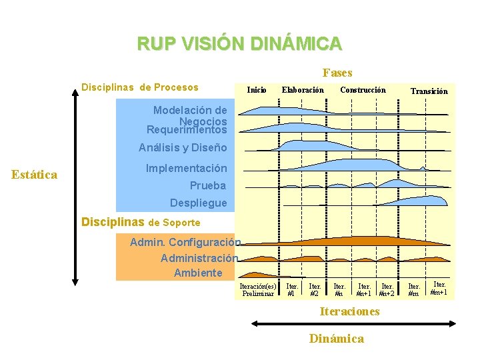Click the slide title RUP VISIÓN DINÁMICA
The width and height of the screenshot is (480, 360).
click(x=239, y=44)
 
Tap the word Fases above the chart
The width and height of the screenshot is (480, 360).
click(x=337, y=73)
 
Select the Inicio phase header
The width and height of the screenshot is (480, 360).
click(x=257, y=90)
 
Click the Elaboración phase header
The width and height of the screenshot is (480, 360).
click(x=303, y=90)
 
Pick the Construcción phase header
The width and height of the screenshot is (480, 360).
click(x=363, y=90)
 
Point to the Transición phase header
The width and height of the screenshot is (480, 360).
click(x=429, y=91)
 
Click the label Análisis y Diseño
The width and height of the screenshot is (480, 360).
click(x=183, y=147)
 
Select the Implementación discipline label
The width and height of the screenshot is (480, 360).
click(x=186, y=169)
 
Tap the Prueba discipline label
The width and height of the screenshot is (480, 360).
click(x=207, y=185)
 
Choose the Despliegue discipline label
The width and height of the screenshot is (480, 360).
click(x=198, y=203)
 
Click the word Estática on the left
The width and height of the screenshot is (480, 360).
click(x=35, y=175)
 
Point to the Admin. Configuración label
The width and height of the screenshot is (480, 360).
click(x=185, y=242)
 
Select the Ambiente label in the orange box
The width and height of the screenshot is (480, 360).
click(x=198, y=273)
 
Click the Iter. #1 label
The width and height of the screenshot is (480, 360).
click(x=292, y=289)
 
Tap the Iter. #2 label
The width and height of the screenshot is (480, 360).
click(x=315, y=289)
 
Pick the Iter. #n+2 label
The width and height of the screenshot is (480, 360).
click(x=387, y=289)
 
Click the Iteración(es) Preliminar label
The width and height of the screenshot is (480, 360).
click(x=258, y=289)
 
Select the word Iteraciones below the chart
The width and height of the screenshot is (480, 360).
click(x=349, y=311)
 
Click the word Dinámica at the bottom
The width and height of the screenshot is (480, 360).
click(x=336, y=339)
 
